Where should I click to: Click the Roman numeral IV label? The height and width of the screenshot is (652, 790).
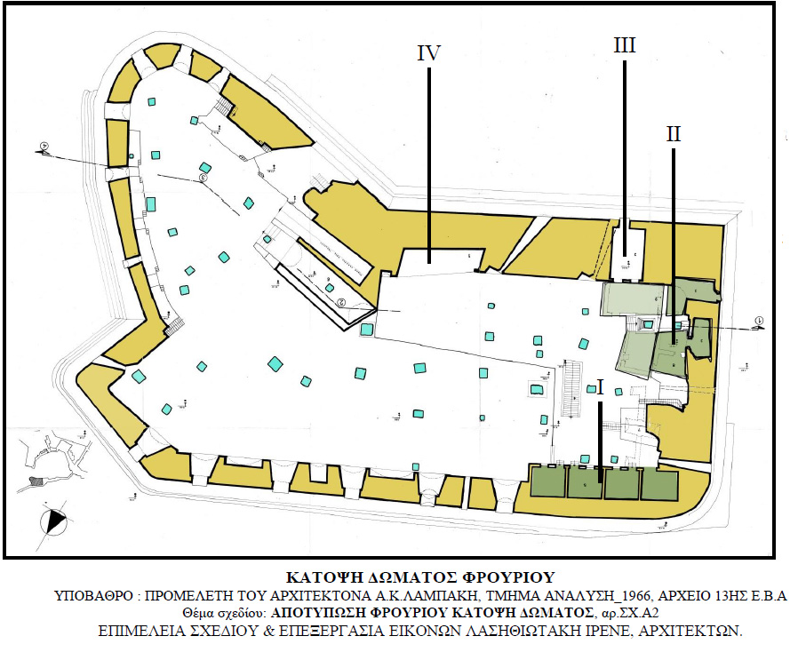(x=429, y=52)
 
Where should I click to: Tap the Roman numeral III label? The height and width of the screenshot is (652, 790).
(x=625, y=44)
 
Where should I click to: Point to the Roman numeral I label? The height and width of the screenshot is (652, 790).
(x=601, y=388)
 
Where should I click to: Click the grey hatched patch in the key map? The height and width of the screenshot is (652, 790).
(x=36, y=481)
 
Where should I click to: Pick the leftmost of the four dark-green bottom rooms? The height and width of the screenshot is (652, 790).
(x=548, y=482)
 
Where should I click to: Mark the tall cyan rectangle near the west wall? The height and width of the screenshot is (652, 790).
(x=151, y=203)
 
